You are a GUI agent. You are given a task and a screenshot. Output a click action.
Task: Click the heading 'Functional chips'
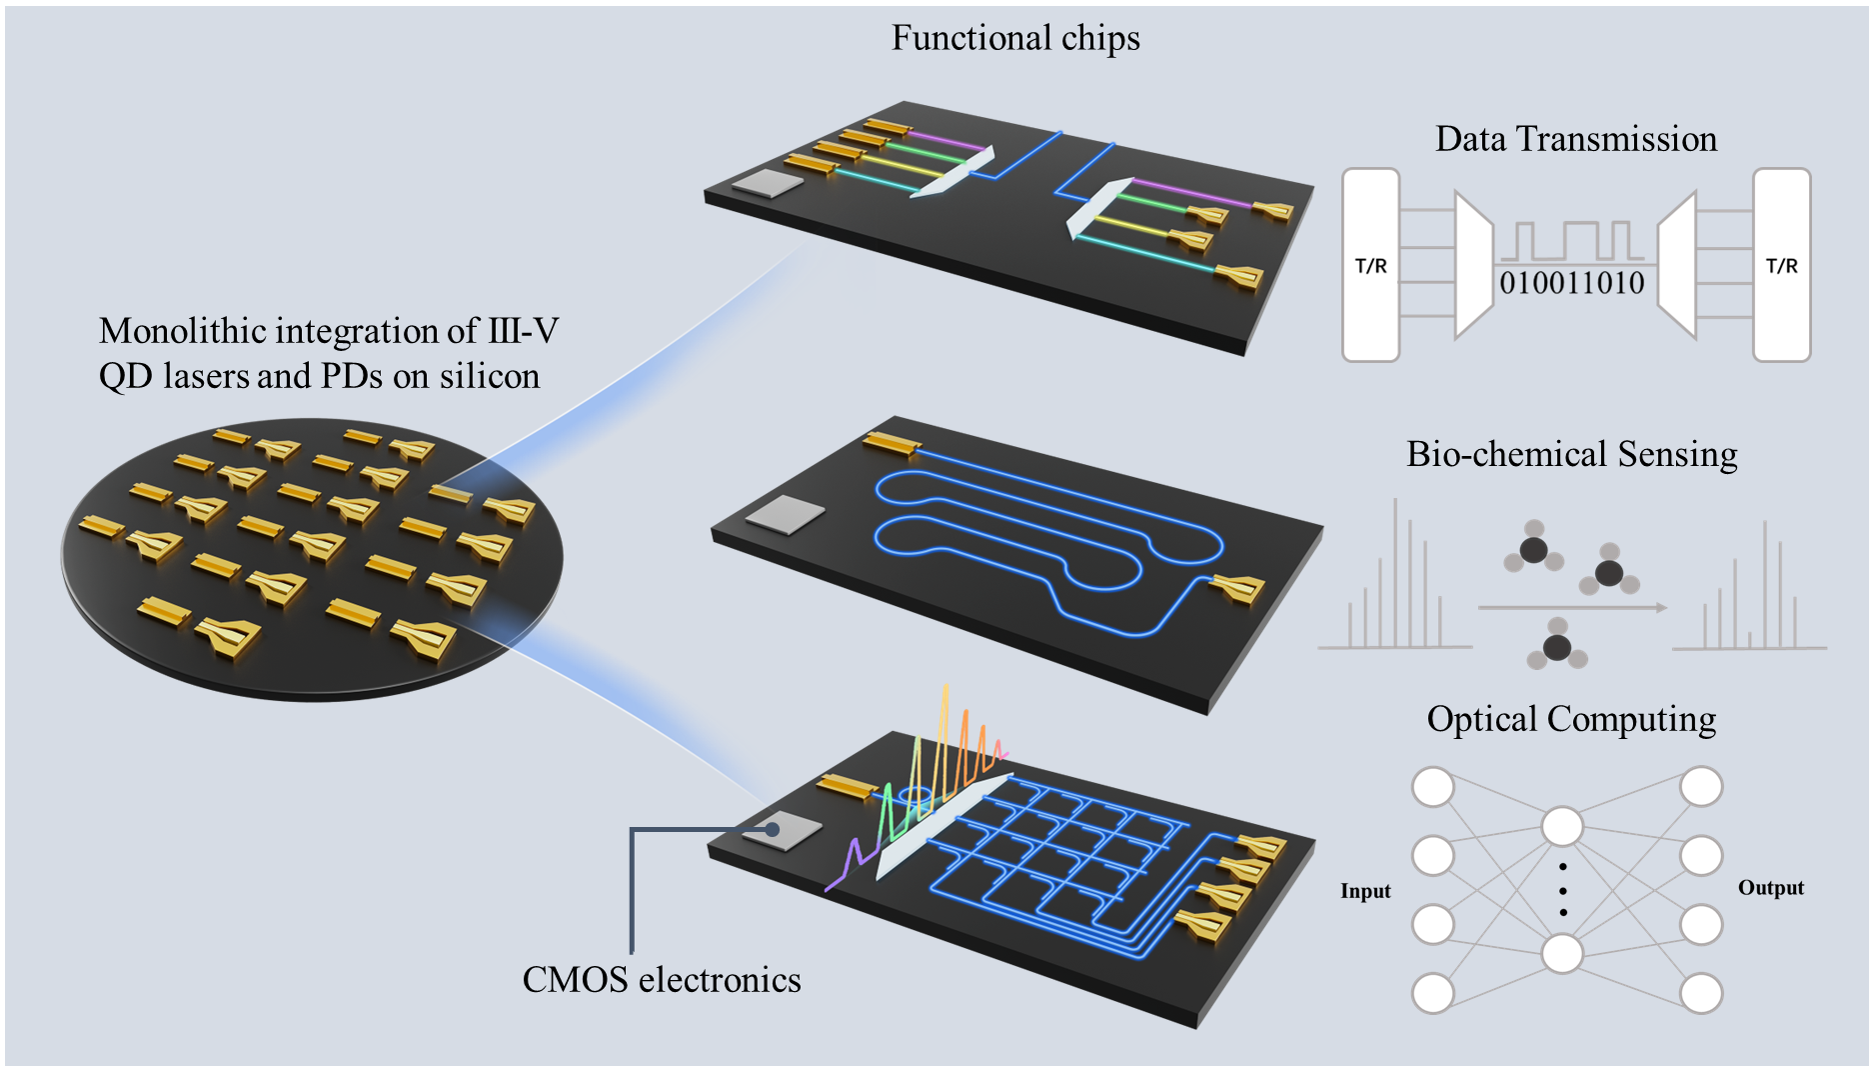coord(1015,38)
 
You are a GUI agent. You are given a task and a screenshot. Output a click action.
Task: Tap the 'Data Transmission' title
coord(1576,139)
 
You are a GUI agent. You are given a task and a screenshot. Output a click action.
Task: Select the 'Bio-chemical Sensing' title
coord(1571,454)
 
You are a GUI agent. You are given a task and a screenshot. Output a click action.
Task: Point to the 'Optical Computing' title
coord(1571,719)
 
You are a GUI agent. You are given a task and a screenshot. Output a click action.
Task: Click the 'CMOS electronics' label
coord(662,980)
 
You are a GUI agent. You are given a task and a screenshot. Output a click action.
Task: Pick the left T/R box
coord(1370,265)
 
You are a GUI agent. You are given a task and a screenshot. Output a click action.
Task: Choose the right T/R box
coord(1781,265)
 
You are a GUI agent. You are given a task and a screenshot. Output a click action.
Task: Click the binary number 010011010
coord(1571,283)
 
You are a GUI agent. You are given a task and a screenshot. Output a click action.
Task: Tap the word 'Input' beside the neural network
coord(1365,891)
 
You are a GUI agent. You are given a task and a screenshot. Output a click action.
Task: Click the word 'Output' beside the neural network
coord(1770,888)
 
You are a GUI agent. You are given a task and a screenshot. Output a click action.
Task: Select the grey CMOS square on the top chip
coord(767,183)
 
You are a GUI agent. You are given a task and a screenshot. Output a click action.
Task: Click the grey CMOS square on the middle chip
coord(786,514)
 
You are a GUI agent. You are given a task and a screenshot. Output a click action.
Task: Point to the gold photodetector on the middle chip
coord(1239,589)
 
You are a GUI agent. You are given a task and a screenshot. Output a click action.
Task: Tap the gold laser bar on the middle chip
coord(892,443)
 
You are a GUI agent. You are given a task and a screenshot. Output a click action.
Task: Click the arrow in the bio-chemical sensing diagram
coord(1571,607)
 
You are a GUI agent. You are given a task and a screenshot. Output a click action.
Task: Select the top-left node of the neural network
coord(1432,787)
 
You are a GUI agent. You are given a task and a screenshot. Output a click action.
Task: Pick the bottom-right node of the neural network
coord(1700,994)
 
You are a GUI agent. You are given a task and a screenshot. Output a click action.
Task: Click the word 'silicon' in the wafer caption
coord(490,376)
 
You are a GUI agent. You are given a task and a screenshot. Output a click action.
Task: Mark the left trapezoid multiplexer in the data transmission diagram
coord(1473,265)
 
